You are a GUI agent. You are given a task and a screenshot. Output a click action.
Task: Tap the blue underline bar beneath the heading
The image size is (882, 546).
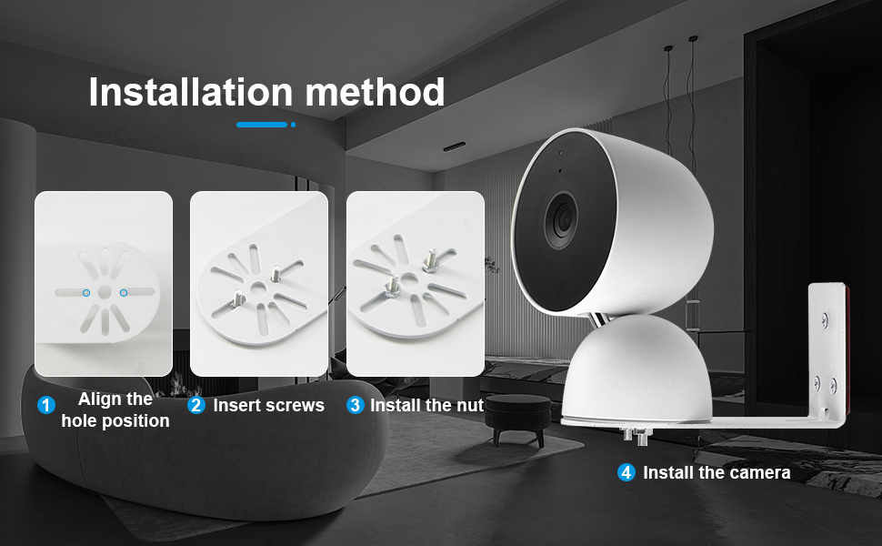(x=262, y=124)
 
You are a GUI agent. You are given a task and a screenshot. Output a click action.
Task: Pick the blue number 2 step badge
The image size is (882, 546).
(x=196, y=406)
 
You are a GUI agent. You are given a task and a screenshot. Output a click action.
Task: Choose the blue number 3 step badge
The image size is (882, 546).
(x=356, y=406)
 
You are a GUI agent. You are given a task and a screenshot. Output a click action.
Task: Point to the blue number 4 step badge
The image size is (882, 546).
(x=626, y=472)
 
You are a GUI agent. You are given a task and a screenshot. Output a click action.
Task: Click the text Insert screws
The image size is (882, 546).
(x=268, y=406)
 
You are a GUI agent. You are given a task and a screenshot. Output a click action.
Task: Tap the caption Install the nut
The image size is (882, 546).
(x=426, y=406)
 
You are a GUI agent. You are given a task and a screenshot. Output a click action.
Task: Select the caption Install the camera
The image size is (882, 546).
(x=717, y=473)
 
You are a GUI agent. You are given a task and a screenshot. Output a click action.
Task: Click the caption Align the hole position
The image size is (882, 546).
(x=115, y=409)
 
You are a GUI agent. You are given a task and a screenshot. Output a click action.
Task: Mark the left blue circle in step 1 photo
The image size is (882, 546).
(x=85, y=293)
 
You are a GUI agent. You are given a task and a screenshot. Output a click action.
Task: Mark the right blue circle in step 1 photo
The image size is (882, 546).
(x=123, y=293)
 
